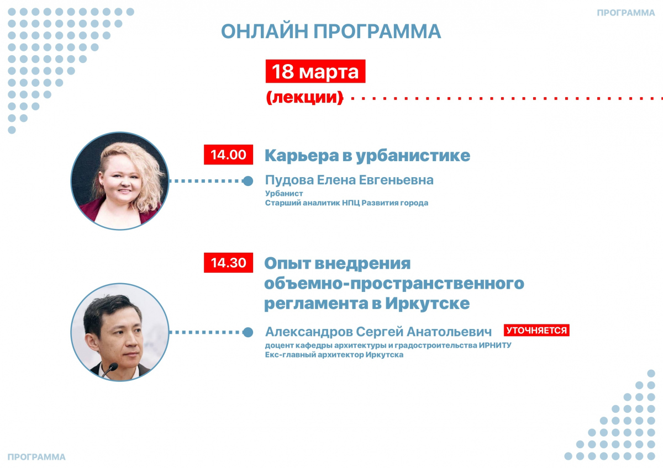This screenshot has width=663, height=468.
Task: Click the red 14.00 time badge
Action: (228, 155)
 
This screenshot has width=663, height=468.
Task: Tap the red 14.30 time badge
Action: (228, 263)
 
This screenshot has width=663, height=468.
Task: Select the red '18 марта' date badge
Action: (315, 71)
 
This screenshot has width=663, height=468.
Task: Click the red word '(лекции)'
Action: (304, 97)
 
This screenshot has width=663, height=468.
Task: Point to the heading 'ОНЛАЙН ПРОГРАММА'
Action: (331, 31)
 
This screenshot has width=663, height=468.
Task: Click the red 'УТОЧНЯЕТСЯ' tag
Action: (536, 330)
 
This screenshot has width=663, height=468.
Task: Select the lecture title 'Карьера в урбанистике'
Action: (367, 155)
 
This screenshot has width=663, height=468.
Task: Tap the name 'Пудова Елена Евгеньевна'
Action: (349, 180)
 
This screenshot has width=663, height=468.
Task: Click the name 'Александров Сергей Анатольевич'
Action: (378, 332)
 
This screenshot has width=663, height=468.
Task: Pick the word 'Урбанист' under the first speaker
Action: (284, 193)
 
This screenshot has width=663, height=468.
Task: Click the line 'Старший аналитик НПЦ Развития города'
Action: (346, 203)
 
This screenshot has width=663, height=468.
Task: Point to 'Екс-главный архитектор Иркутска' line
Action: (334, 355)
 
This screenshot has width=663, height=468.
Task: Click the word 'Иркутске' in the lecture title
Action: (428, 304)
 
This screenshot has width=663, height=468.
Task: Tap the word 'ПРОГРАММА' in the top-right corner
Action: (625, 13)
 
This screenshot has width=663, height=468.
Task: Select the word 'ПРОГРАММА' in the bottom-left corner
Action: (36, 457)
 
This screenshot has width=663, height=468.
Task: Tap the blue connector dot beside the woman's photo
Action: (248, 181)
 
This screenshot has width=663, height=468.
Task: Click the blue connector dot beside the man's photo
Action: (248, 332)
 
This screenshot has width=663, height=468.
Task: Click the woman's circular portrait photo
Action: (120, 181)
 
